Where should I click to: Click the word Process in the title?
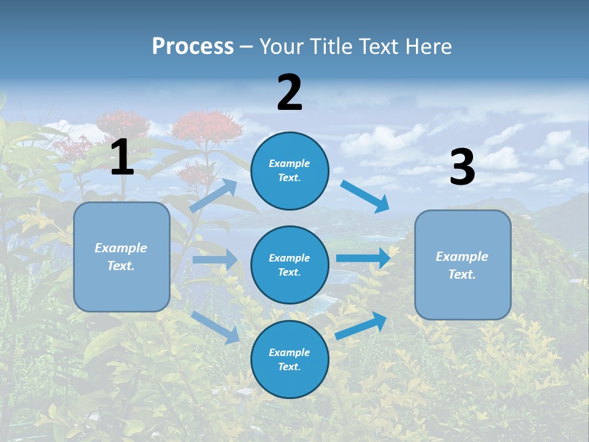click(193, 46)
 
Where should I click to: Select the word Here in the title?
click(428, 46)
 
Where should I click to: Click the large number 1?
click(122, 158)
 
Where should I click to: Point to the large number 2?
click(290, 93)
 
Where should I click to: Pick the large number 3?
click(463, 168)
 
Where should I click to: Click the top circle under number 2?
click(290, 171)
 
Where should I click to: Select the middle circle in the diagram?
click(290, 265)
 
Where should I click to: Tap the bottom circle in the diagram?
click(290, 360)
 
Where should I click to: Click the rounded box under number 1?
click(121, 257)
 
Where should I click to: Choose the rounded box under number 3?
click(463, 265)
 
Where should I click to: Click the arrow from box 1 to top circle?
click(214, 195)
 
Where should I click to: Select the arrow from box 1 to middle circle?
click(215, 260)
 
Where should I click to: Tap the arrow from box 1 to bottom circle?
click(215, 327)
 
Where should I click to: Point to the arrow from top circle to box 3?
click(366, 196)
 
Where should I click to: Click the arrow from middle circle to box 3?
click(363, 258)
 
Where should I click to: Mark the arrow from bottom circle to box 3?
click(361, 325)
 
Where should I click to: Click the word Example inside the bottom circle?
click(290, 352)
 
